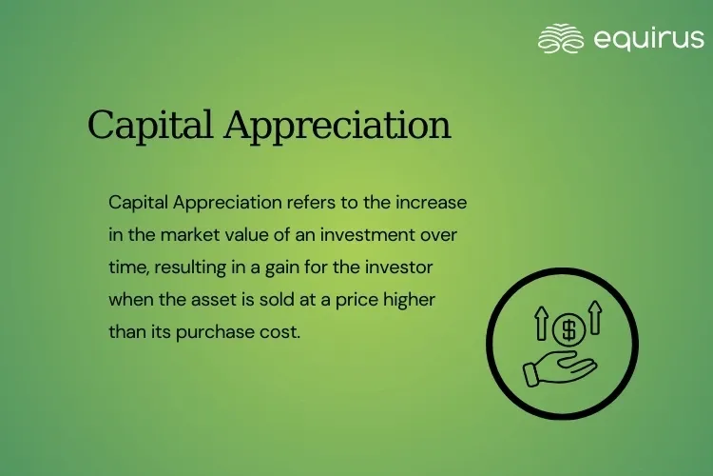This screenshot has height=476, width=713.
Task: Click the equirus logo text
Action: tap(649, 39)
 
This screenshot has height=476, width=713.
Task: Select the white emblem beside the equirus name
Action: tap(561, 39)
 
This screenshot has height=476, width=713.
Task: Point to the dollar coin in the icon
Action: tap(568, 329)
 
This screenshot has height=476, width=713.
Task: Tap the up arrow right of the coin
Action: tap(596, 318)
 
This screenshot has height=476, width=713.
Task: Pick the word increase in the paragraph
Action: tap(436, 203)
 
